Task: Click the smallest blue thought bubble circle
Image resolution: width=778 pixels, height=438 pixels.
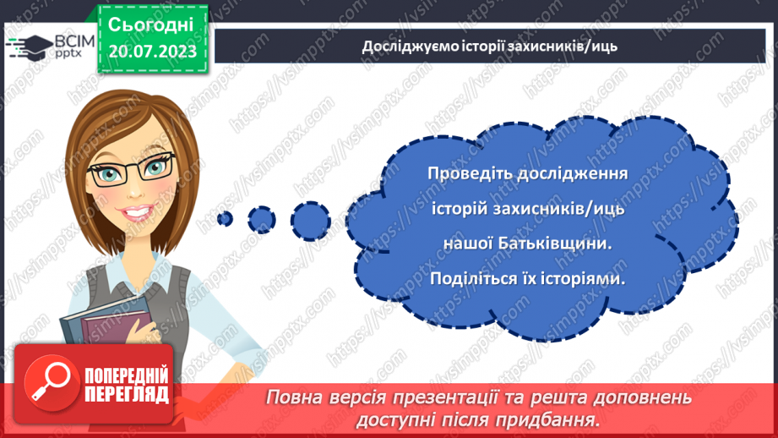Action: pos(225,218)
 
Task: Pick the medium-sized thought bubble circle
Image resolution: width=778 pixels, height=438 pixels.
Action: pos(262,218)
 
